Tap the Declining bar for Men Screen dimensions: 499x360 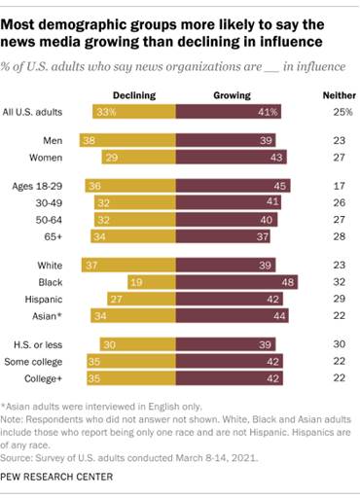click(129, 140)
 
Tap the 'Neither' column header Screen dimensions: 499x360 click(331, 96)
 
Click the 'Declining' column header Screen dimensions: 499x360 click(135, 96)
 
